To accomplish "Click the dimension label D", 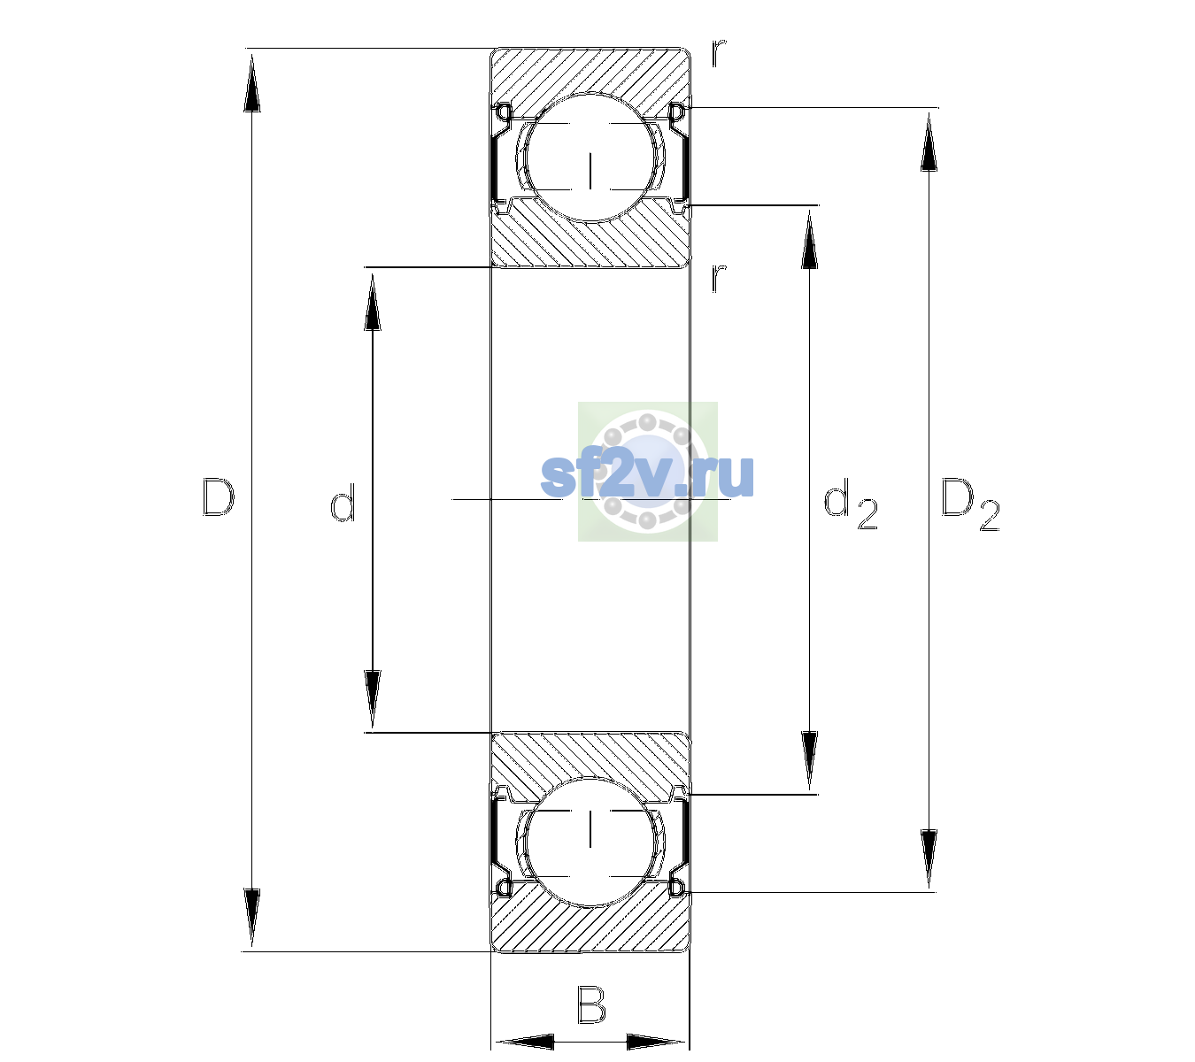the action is coord(219,498).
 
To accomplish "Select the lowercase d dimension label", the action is coord(343,503).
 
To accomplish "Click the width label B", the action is coord(591,1004).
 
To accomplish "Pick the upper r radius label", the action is coord(719,53).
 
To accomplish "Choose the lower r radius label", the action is coord(719,278).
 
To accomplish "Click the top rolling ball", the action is coord(590,158).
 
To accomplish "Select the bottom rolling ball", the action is coord(590,841).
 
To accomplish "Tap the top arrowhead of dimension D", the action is coord(252,82).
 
